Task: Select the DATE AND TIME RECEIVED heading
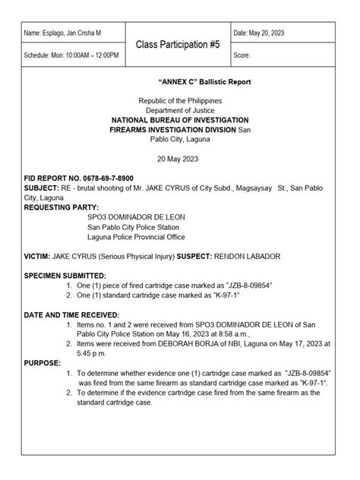71,314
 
